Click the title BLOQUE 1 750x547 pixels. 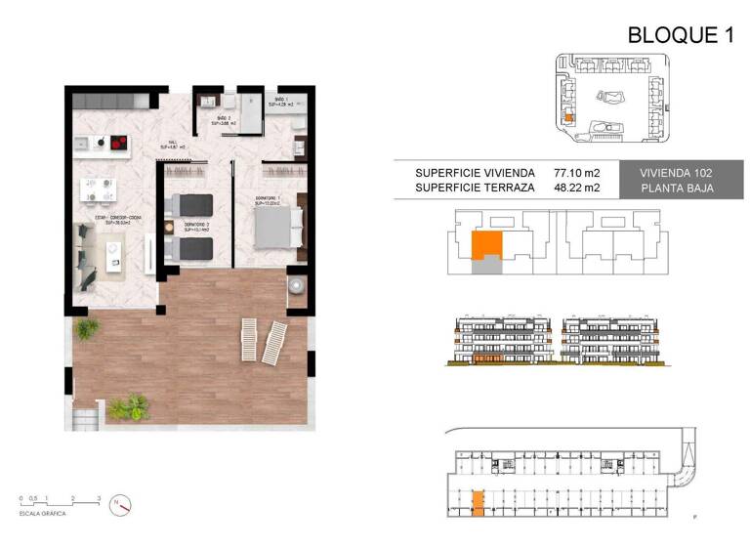(680, 36)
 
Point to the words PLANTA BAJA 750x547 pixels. (676, 189)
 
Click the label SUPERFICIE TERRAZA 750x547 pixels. (474, 189)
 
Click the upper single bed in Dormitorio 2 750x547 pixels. (191, 204)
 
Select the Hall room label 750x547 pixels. (173, 145)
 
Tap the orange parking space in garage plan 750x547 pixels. (478, 502)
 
